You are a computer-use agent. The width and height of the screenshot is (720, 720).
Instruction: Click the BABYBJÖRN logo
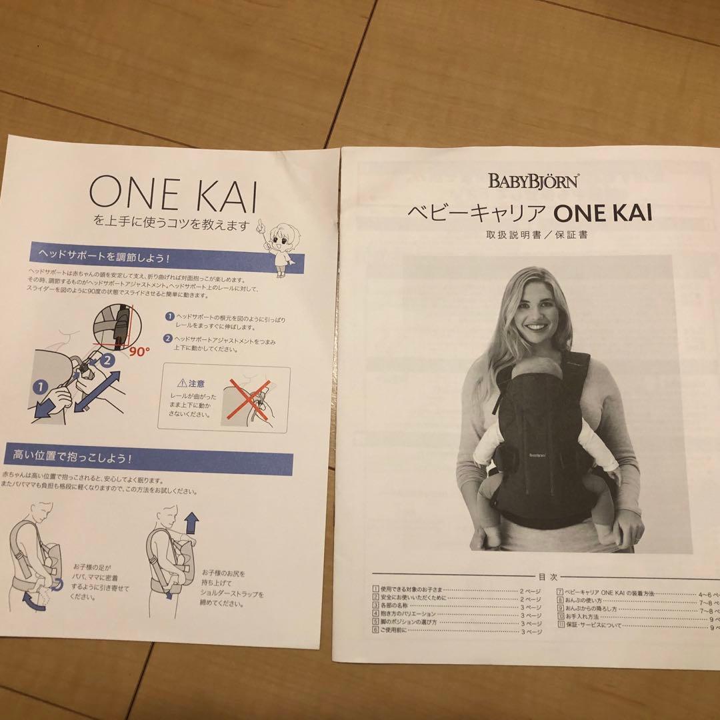point(533,181)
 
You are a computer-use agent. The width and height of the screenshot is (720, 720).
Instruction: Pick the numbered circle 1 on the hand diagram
point(41,385)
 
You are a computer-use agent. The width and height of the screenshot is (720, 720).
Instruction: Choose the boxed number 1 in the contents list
point(377,590)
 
